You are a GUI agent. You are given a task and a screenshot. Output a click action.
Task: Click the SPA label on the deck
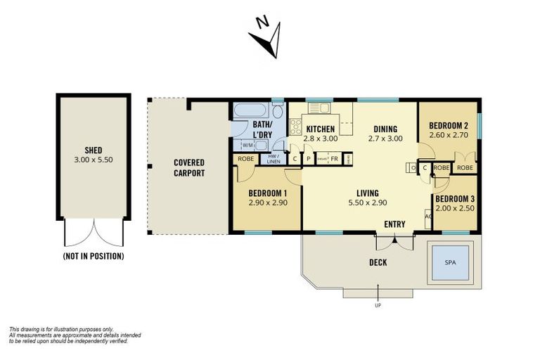pyautogui.click(x=449, y=262)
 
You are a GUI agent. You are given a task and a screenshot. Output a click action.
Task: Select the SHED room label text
pyautogui.click(x=94, y=149)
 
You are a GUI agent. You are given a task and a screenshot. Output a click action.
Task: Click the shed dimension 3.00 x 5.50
pyautogui.click(x=94, y=160)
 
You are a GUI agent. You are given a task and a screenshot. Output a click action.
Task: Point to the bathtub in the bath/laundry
pyautogui.click(x=251, y=111)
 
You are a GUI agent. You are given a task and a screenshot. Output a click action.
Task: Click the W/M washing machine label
pyautogui.click(x=247, y=146)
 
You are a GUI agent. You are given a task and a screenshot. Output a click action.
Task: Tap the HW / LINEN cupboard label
pyautogui.click(x=273, y=158)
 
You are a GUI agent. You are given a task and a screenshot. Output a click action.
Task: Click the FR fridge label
pyautogui.click(x=335, y=159)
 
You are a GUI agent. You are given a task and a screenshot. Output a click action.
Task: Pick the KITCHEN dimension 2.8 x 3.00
pyautogui.click(x=320, y=139)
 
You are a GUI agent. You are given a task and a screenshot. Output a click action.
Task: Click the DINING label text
pyautogui.click(x=385, y=129)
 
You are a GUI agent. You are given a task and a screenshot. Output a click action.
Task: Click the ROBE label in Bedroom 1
pyautogui.click(x=246, y=159)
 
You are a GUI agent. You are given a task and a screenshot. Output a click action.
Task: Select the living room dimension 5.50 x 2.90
pyautogui.click(x=367, y=202)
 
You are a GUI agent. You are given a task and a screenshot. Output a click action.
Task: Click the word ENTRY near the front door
pyautogui.click(x=394, y=224)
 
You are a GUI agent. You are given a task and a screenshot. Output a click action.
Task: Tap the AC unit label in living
pyautogui.click(x=428, y=217)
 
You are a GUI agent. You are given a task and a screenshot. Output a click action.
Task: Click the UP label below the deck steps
pyautogui.click(x=378, y=306)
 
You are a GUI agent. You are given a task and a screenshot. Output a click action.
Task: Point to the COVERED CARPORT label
pyautogui.click(x=189, y=167)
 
